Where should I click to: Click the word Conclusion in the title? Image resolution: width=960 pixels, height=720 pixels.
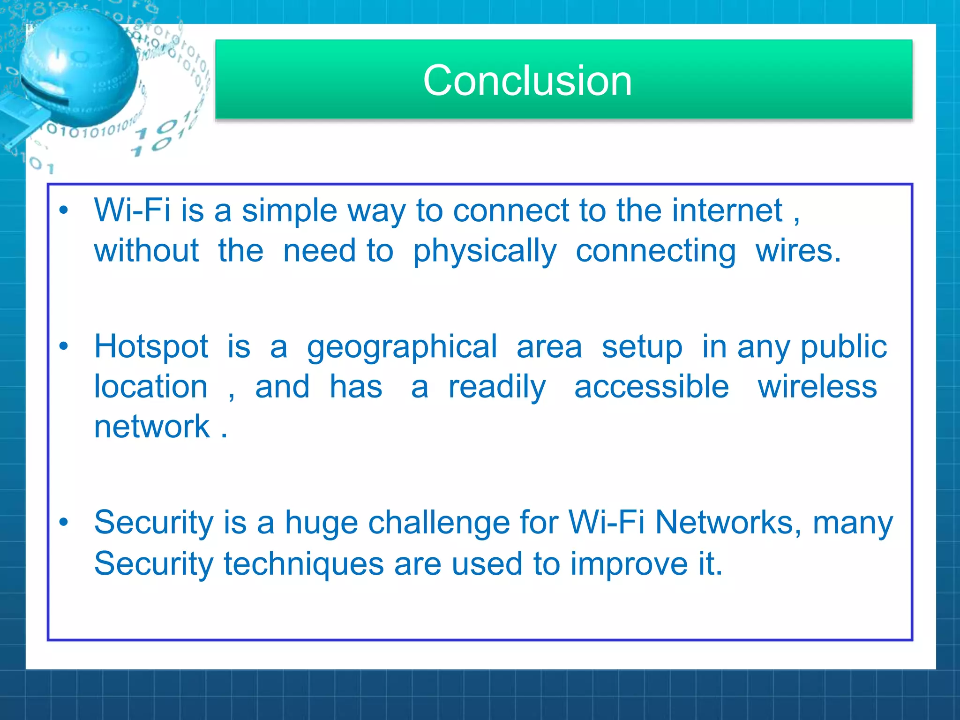point(527,81)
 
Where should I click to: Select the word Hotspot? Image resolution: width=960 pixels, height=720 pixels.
point(151,347)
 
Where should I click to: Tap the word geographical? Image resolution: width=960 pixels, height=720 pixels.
point(402,348)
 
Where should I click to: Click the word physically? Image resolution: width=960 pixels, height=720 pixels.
point(484,252)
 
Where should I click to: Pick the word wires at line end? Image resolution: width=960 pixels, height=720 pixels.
point(797,251)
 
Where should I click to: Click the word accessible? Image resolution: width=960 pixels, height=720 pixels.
point(652,387)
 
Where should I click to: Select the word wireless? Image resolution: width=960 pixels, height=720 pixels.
point(817,387)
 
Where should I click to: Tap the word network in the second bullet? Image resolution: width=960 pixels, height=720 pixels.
point(152,427)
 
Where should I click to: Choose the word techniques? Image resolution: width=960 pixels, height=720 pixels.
point(304,564)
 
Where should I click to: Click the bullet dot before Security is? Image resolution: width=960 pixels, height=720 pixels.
point(64,522)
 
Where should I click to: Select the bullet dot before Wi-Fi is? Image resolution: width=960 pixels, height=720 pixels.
point(64,210)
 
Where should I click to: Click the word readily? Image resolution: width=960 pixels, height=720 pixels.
point(497,388)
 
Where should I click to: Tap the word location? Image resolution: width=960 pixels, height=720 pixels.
point(150,387)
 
